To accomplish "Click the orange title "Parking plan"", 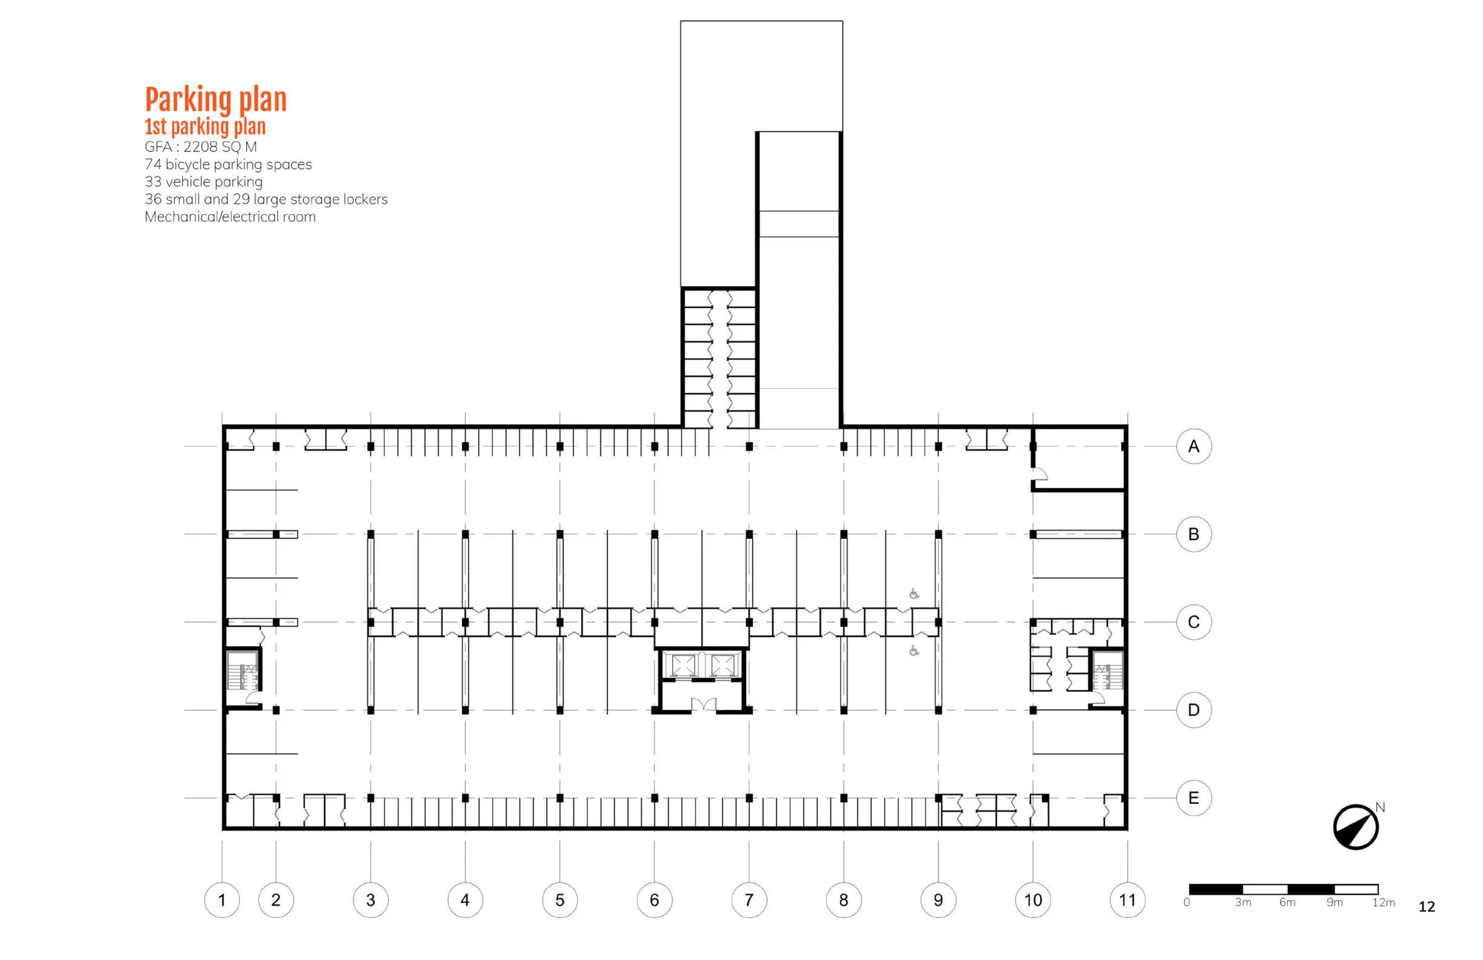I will (215, 100).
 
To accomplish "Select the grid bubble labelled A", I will (1194, 446).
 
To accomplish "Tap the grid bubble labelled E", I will (1194, 798).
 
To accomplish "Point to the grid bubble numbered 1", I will (222, 899).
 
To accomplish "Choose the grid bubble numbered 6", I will (654, 899).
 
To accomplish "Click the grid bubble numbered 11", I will (1127, 899).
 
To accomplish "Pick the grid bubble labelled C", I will (1194, 622).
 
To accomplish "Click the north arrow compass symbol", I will (1355, 827).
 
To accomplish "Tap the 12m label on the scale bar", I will (1383, 902).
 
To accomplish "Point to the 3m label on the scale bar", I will (1243, 902).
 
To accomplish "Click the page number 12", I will (1426, 907).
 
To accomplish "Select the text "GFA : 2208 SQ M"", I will (201, 147).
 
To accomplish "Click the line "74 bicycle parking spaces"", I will (228, 164).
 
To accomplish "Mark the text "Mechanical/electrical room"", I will (230, 217).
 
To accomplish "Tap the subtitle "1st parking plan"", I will (205, 126).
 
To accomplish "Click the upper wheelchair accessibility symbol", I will (914, 594).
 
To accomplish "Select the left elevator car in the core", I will (683, 665).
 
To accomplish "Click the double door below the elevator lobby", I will (703, 705).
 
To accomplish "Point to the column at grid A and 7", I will (749, 446).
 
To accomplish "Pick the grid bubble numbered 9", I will (938, 899).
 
